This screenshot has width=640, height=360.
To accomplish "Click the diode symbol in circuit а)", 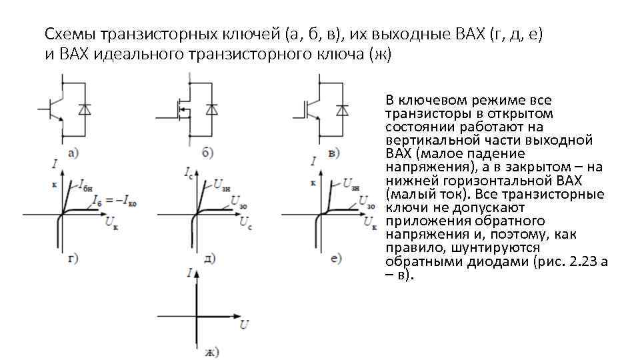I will (x=84, y=108).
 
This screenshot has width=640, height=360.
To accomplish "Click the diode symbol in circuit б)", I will (x=212, y=109).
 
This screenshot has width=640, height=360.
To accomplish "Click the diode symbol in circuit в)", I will (x=343, y=109).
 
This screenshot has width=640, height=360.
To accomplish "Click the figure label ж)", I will (x=211, y=351).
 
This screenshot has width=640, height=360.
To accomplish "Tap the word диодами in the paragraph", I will (x=496, y=261).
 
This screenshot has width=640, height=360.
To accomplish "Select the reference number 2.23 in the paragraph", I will (x=583, y=261).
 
